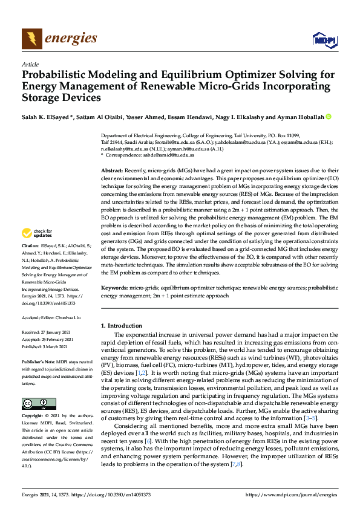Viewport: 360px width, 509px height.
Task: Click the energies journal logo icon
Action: (31, 39)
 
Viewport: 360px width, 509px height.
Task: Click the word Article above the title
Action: (30, 65)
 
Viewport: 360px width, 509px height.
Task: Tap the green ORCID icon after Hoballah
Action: (329, 116)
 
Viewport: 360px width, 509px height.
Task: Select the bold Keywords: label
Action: (115, 288)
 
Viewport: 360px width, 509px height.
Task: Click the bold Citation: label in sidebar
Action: (30, 264)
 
